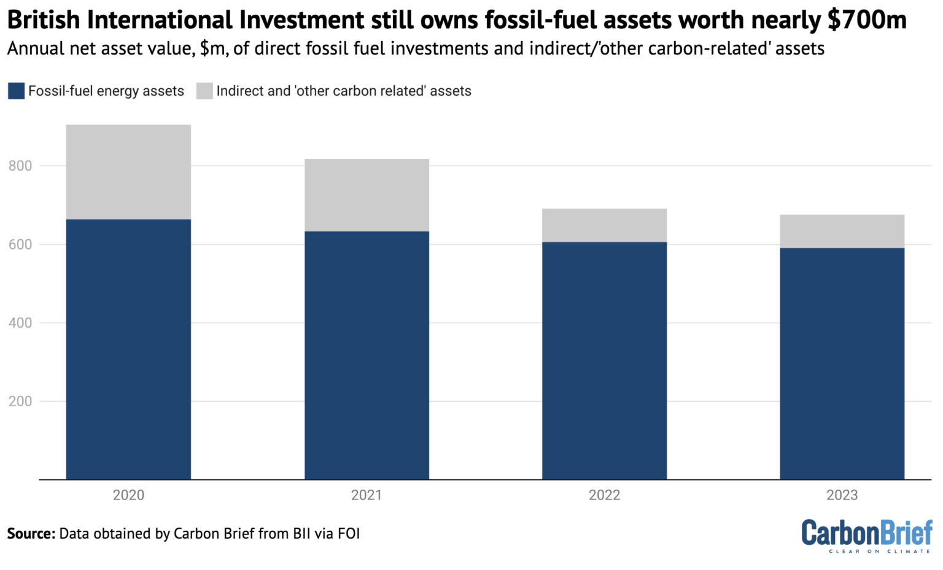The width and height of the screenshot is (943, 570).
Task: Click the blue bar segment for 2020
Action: [x=128, y=349]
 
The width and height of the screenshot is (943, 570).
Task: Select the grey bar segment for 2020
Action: [x=128, y=172]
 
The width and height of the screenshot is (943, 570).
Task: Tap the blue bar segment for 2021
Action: [x=367, y=355]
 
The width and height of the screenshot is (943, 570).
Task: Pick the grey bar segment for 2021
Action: [x=367, y=195]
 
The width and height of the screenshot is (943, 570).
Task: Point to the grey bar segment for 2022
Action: [x=604, y=225]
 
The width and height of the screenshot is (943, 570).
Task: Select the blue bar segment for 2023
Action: [x=842, y=363]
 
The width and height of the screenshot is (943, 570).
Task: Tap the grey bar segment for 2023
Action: [x=842, y=231]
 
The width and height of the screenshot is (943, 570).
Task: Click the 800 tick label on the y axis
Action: [x=20, y=166]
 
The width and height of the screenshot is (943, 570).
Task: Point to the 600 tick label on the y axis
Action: [x=20, y=244]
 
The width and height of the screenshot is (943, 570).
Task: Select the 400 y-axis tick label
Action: [x=20, y=323]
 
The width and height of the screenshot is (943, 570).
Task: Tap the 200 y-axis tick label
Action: [x=20, y=401]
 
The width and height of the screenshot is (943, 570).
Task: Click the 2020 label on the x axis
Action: [x=128, y=495]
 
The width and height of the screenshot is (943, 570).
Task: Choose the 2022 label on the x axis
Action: [x=604, y=495]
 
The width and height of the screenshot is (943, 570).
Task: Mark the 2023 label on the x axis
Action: [x=842, y=495]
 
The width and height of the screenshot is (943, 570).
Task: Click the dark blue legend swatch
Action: [x=16, y=91]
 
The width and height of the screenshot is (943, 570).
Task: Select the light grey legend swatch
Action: [x=204, y=91]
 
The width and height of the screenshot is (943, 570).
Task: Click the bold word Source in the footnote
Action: [x=31, y=534]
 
